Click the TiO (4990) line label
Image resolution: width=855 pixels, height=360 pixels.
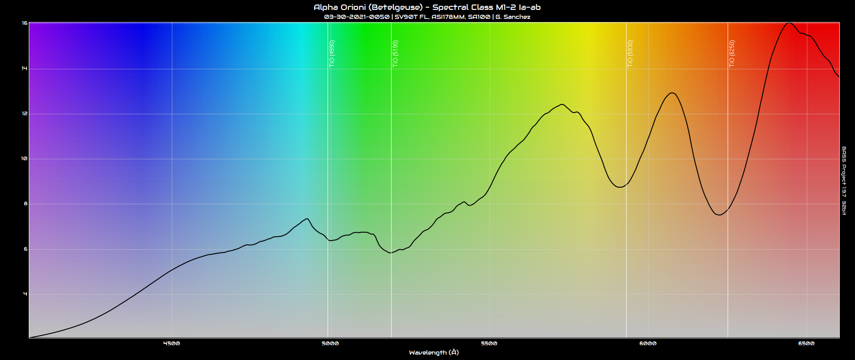332,54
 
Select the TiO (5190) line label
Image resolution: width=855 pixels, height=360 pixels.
395,54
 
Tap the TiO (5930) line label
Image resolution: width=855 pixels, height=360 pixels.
630,54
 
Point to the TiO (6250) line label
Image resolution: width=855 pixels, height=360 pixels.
732,54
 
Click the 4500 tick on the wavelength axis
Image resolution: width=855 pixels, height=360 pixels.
171,343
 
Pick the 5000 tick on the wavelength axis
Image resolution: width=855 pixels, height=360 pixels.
330,343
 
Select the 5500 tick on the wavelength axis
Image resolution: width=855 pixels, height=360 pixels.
489,343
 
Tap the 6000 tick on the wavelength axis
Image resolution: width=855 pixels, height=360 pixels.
648,343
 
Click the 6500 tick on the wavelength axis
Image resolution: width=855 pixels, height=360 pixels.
806,343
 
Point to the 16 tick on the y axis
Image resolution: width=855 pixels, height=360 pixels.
25,23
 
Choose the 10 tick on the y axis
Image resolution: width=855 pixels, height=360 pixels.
25,159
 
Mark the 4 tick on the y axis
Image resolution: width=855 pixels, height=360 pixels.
25,294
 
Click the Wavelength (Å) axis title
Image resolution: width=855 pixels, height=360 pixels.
434,353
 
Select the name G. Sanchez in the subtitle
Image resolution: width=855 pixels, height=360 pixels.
513,17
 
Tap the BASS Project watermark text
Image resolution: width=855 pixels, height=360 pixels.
844,180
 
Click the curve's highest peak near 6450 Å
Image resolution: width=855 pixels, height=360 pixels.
789,23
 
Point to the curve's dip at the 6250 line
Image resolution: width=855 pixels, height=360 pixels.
719,215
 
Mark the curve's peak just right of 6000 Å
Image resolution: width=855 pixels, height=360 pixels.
672,93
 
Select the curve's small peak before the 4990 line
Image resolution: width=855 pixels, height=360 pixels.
306,219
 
